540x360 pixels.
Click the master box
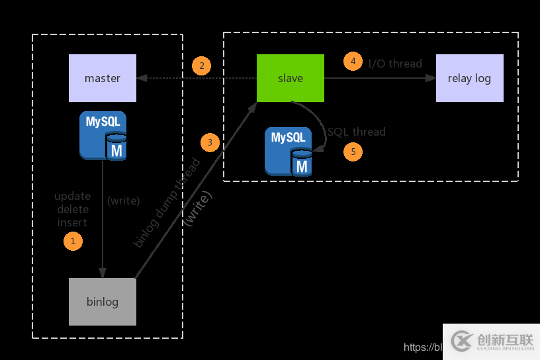103,78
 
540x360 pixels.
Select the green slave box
291,78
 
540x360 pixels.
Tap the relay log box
469,78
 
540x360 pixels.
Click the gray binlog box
103,302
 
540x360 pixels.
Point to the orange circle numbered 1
73,241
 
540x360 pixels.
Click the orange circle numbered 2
201,66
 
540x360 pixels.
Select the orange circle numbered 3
210,142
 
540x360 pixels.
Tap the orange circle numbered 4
353,62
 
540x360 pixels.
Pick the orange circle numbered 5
353,152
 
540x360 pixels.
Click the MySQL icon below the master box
103,136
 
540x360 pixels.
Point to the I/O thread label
395,64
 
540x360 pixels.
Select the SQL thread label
357,132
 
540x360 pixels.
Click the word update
72,196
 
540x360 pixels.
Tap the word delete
72,209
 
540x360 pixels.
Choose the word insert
72,222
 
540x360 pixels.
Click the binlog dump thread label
167,203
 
